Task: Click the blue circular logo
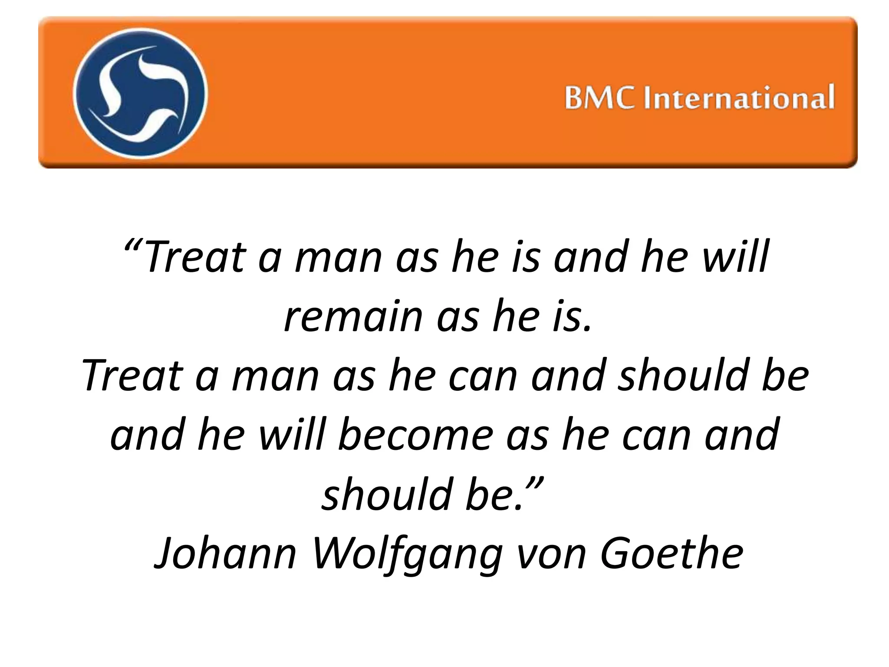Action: pyautogui.click(x=140, y=92)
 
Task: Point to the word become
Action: pyautogui.click(x=415, y=435)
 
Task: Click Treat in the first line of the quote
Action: pyautogui.click(x=196, y=257)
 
